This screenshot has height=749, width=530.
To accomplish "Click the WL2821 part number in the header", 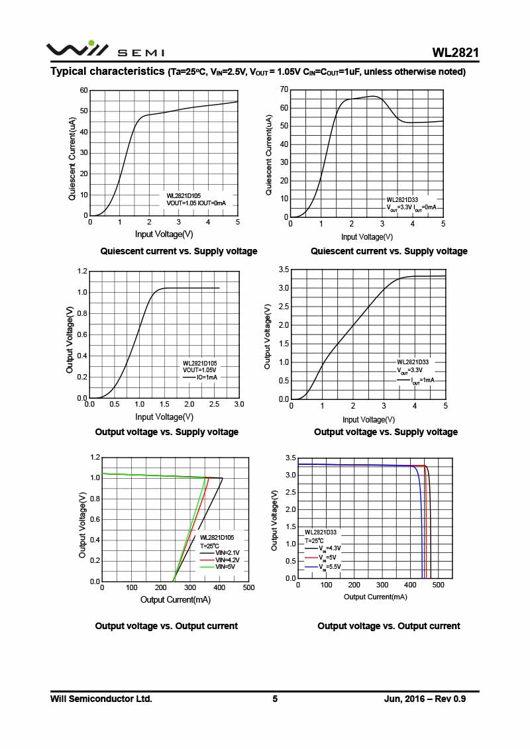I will point(455,52).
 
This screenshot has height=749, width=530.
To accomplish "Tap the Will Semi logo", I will point(77,50).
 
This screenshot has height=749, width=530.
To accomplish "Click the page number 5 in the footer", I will point(275,699).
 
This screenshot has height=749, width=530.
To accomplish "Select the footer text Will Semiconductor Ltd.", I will point(101,699).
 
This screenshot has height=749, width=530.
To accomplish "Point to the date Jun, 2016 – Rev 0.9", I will point(425,699).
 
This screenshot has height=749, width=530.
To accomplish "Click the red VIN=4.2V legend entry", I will point(227,560).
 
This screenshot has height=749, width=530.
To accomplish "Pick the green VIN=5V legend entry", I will point(225,567).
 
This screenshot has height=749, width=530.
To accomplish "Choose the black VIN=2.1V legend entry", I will point(227,552).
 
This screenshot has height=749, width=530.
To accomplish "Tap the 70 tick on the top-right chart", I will point(284,89).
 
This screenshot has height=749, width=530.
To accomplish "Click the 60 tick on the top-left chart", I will point(83,90).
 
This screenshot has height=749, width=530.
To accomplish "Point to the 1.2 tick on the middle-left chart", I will point(82,271).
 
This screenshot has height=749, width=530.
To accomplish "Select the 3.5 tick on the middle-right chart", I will point(284,270).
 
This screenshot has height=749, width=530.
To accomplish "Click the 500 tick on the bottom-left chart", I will point(248,587).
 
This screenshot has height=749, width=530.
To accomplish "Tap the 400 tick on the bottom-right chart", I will point(411,585).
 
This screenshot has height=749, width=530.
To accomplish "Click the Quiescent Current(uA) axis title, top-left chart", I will point(72,159).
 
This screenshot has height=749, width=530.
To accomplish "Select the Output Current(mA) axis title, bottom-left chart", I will point(175,599).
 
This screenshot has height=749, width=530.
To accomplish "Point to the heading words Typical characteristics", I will point(108,72).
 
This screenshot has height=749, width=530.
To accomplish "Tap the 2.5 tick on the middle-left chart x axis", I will point(214,404).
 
